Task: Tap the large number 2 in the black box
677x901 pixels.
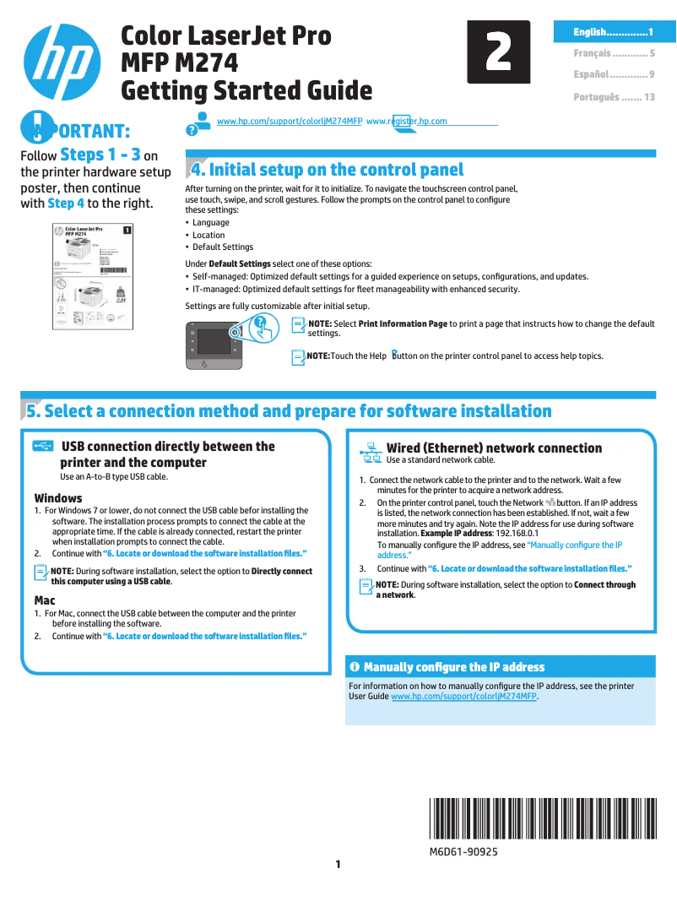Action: point(499,52)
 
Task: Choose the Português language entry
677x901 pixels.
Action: point(614,97)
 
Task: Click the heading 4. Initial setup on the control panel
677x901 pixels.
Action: point(328,170)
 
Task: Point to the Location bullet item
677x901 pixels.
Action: point(209,235)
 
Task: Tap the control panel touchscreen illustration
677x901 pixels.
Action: point(214,342)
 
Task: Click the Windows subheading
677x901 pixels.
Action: point(58,498)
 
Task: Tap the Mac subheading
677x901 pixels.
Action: point(45,600)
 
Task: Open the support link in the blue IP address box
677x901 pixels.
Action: point(463,697)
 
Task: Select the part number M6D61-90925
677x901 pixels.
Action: point(463,852)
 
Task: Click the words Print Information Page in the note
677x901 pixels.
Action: point(403,323)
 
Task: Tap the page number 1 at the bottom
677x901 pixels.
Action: point(338,864)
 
